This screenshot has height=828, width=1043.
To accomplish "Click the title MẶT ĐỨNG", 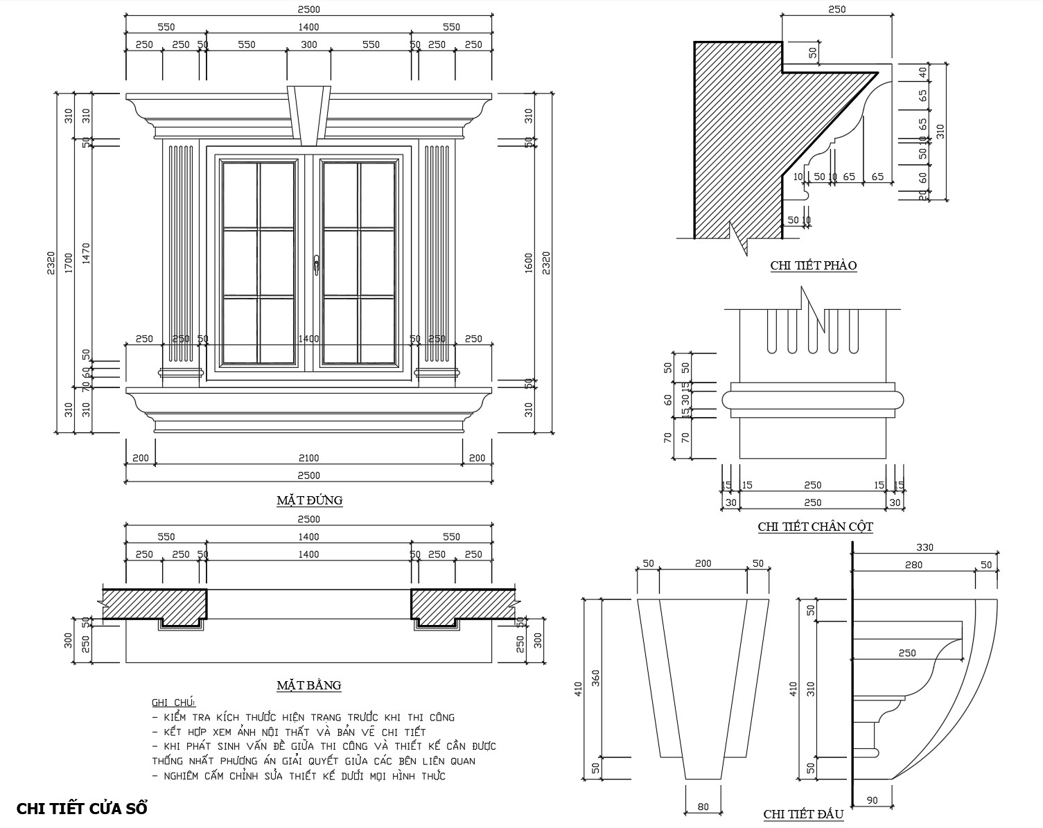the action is click(309, 500).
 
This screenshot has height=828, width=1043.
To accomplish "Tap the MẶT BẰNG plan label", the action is click(308, 685).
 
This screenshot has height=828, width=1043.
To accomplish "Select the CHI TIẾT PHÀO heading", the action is click(814, 265).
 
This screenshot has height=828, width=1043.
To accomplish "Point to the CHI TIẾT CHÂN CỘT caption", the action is click(815, 527).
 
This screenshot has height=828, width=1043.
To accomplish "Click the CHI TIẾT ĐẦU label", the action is click(803, 814).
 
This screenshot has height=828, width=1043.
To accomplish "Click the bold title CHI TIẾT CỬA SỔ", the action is click(81, 809).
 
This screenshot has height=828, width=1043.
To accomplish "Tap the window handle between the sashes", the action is click(316, 265).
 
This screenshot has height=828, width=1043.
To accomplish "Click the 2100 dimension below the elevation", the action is click(308, 458).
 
